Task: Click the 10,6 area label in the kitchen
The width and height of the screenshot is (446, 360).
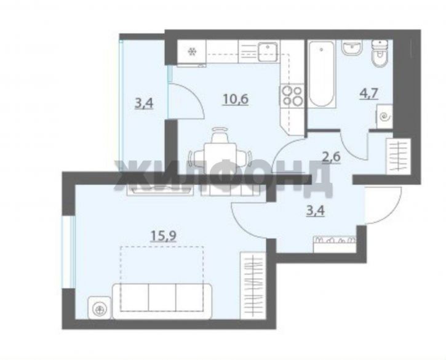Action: tap(236, 100)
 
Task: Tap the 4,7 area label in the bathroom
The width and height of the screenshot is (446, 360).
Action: tap(368, 94)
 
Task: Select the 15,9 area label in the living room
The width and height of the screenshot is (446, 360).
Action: tap(163, 236)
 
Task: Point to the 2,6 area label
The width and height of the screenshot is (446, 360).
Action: tap(331, 156)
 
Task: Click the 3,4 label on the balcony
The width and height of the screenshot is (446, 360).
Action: tap(144, 103)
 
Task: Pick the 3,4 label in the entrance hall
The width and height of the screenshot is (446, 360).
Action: tap(316, 212)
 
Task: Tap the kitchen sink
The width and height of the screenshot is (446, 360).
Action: tap(268, 52)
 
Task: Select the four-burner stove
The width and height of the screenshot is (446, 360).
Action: tap(292, 96)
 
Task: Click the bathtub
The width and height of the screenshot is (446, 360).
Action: tap(321, 74)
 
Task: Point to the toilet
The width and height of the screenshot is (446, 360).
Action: tap(380, 54)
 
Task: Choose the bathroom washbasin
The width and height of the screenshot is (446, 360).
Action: tap(352, 47)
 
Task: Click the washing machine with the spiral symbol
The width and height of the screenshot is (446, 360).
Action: tap(385, 116)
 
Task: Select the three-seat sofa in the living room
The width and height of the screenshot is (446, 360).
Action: tap(162, 301)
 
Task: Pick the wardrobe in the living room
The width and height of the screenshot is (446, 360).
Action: tap(253, 285)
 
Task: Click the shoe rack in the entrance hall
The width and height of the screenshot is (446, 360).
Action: tap(335, 244)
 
